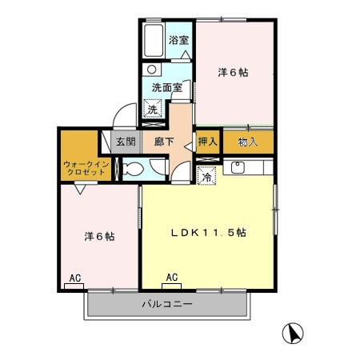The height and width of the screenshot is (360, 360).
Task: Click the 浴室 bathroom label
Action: pos(178,39)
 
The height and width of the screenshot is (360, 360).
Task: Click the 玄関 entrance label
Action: pos(124,142)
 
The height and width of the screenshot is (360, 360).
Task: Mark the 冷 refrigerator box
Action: pos(206,178)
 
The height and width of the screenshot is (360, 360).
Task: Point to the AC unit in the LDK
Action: pos(171,278)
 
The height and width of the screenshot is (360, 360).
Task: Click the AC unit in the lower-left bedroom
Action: pos(74,278)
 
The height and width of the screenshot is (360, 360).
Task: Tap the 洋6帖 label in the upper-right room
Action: pos(233,73)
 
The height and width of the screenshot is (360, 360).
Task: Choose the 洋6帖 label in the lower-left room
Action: pos(99,237)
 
